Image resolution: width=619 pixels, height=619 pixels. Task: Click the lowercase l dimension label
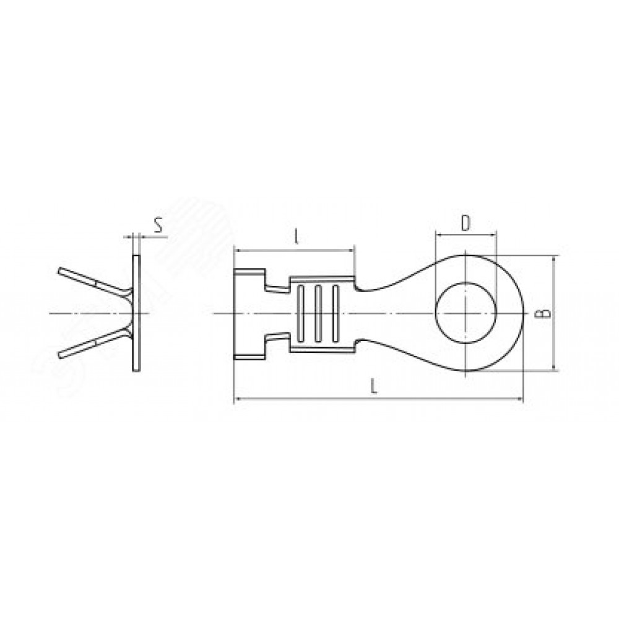[x=296, y=236]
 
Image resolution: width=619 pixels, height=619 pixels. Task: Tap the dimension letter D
[x=466, y=224]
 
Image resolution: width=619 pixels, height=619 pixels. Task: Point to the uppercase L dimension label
[x=374, y=386]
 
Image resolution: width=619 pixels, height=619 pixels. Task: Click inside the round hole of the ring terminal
[x=466, y=313]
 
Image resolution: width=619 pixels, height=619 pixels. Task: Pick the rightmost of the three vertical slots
[x=335, y=313]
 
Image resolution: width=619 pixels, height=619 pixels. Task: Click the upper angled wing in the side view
[x=95, y=282]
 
